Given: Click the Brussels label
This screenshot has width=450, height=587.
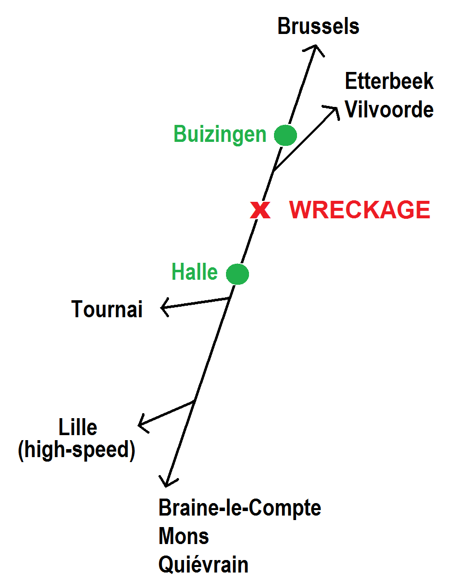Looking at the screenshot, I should tap(318, 26).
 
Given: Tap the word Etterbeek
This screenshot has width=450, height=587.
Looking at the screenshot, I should tap(389, 81).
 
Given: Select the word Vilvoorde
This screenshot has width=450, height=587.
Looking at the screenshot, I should tap(389, 110).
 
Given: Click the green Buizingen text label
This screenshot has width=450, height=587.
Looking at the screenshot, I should tap(220, 134).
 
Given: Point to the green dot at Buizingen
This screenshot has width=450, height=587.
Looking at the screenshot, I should tap(285, 135).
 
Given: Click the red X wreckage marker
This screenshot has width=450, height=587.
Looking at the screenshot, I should tap(260, 210).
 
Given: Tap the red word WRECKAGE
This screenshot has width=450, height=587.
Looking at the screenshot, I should tap(359, 210).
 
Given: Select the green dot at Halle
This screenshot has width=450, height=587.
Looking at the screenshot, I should tap(237, 274).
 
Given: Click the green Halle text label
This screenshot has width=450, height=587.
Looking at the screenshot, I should tap(194, 273).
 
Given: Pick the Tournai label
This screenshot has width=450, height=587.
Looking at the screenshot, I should tap(107, 309).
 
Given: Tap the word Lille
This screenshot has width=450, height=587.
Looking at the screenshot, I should tap(78, 428).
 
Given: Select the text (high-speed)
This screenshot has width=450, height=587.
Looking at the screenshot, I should tap(76, 451).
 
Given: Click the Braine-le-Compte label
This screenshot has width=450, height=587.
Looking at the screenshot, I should tap(239, 508).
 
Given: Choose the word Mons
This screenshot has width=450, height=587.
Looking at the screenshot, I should tap(183, 537).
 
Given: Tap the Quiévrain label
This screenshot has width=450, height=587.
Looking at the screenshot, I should tap(203, 565).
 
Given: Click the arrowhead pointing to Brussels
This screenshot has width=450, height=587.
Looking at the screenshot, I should tap(315, 47).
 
